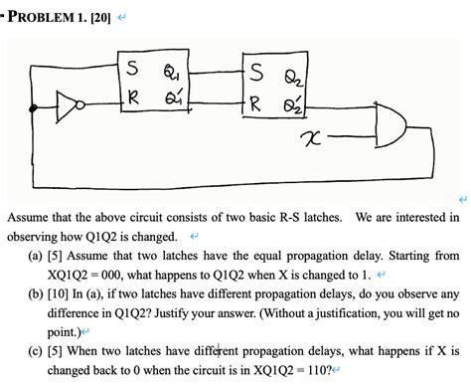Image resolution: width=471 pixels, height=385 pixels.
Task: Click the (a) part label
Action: click(x=35, y=256)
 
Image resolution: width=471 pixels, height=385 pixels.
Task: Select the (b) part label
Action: click(x=35, y=293)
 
